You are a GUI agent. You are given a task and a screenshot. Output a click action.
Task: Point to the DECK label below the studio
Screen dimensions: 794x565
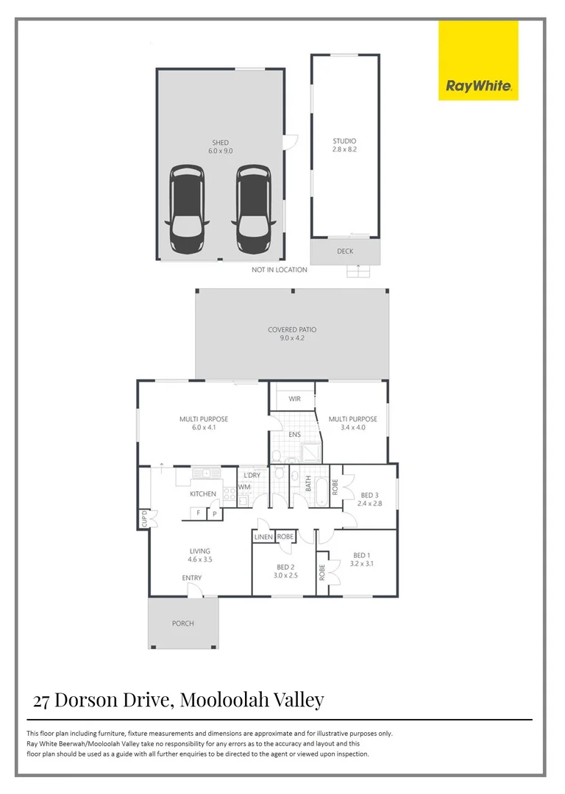click(x=345, y=251)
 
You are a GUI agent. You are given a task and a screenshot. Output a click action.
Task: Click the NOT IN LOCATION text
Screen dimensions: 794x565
click(x=280, y=270)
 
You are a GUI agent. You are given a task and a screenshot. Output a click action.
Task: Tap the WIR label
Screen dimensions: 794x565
click(x=294, y=398)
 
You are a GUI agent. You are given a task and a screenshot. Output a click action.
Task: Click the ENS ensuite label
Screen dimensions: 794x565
click(x=294, y=434)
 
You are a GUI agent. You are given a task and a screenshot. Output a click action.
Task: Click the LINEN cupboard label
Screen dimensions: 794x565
click(x=263, y=537)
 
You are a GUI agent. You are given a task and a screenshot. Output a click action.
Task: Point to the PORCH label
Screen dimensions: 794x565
click(x=183, y=623)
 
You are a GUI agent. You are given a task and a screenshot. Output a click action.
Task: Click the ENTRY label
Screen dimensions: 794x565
click(x=192, y=578)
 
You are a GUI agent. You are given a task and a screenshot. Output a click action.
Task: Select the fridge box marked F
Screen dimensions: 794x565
click(x=199, y=512)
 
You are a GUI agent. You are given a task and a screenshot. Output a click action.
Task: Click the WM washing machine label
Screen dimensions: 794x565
click(x=244, y=487)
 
